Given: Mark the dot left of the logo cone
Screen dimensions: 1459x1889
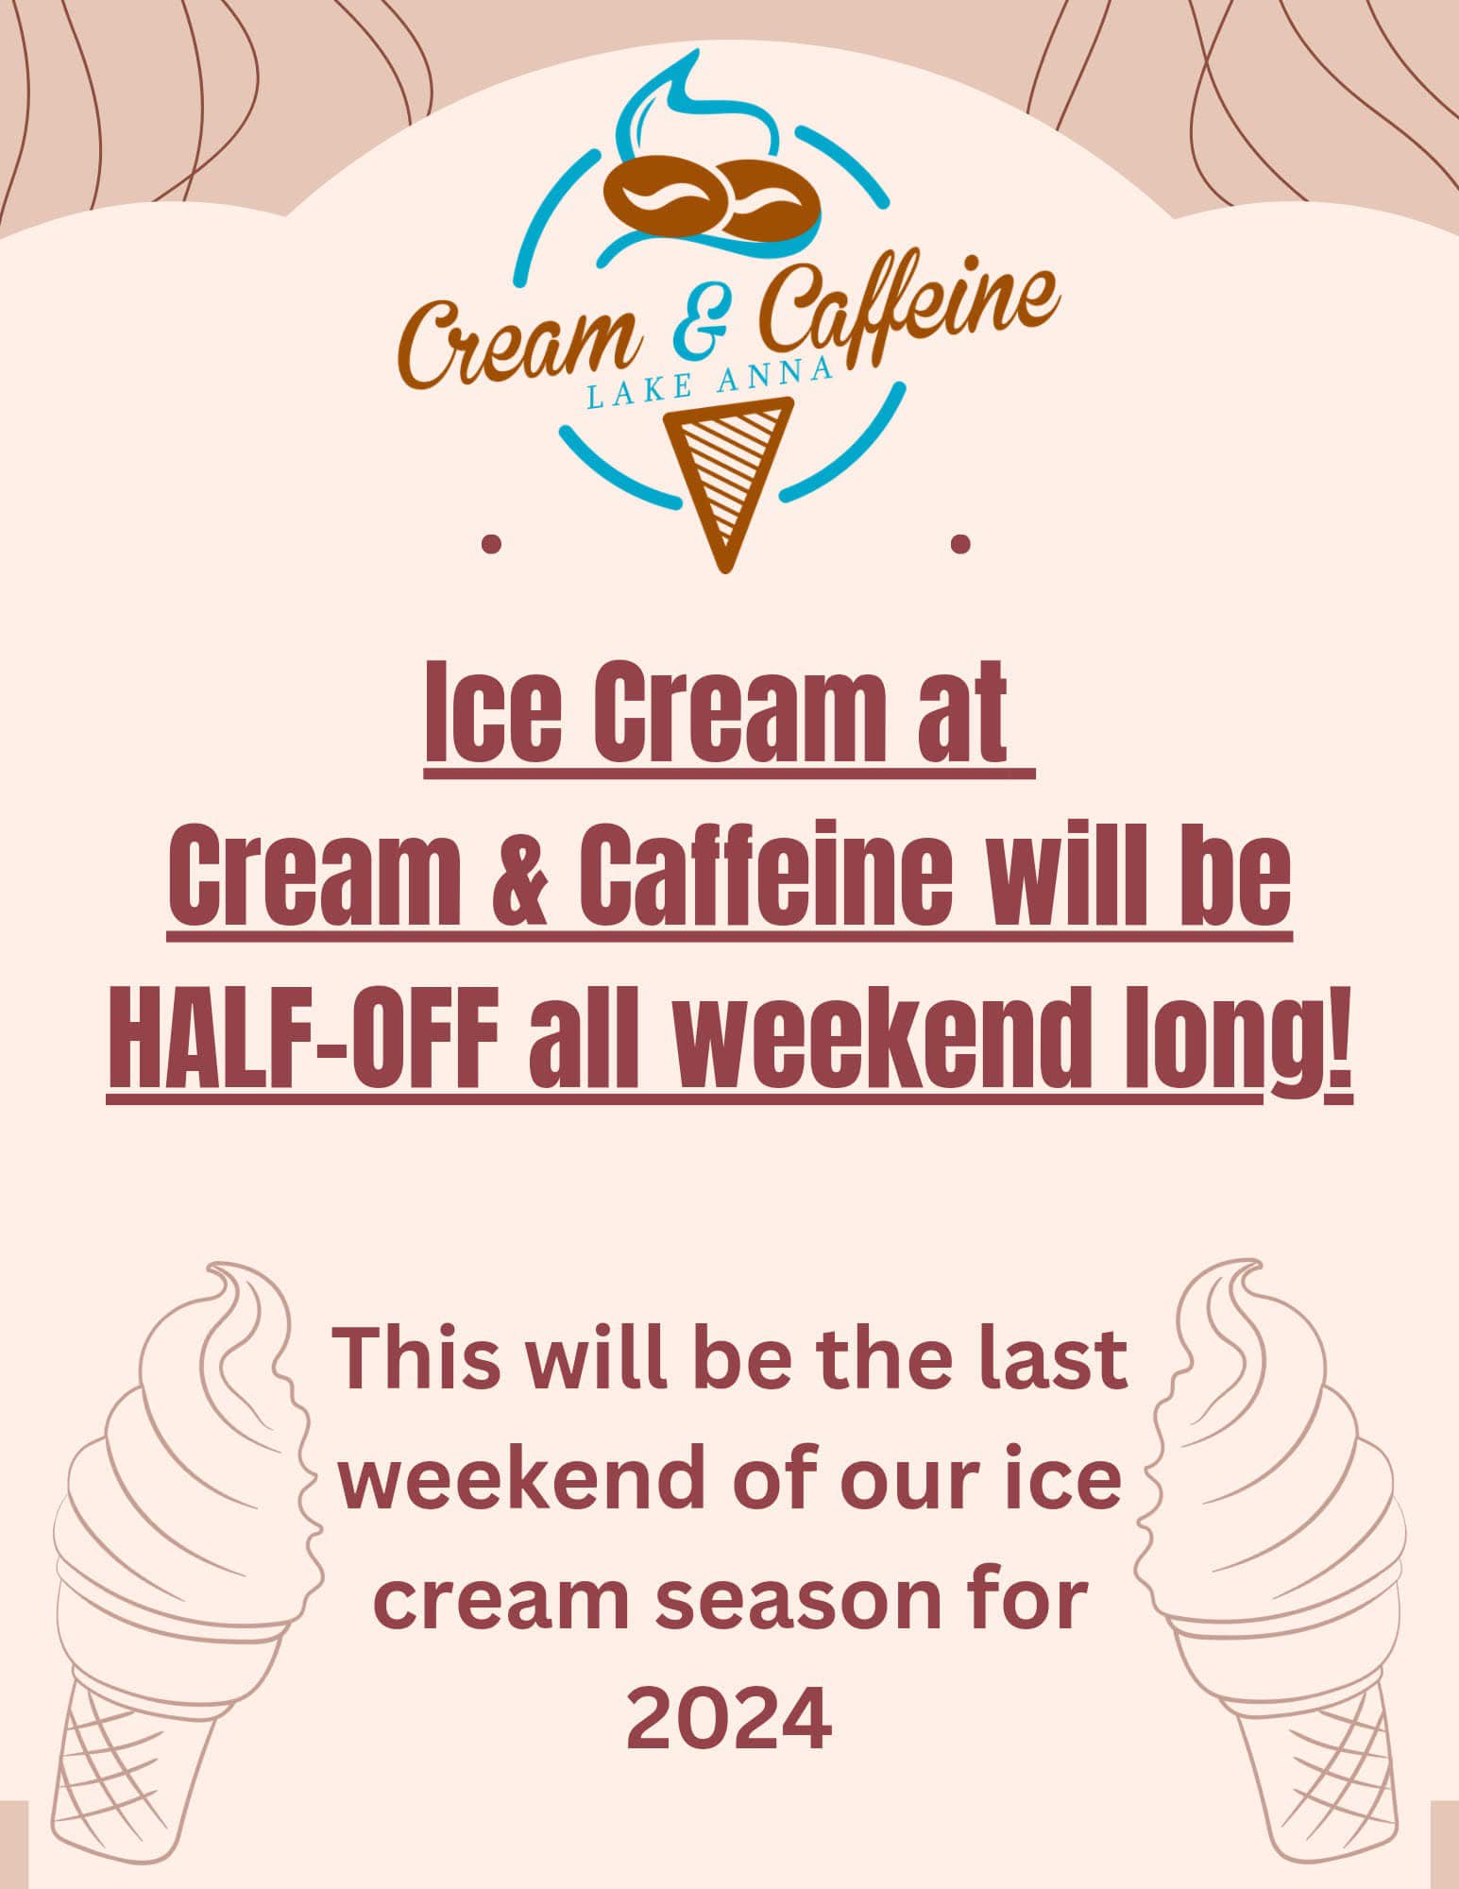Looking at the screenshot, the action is pos(490,544).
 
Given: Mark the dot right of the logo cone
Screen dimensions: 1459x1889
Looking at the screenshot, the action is pos(961,543).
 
